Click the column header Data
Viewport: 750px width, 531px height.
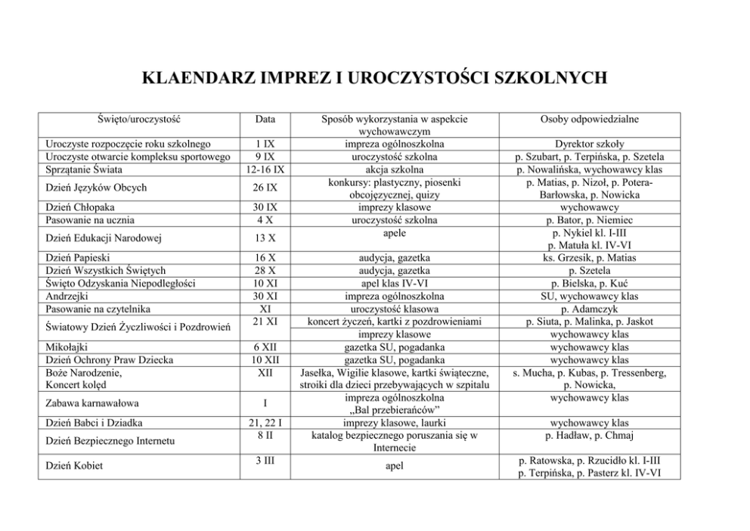(x=265, y=120)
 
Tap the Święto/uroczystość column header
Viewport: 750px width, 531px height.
(x=139, y=120)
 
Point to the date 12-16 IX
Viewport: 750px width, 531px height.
(x=265, y=169)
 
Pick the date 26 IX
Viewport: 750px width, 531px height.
(x=265, y=188)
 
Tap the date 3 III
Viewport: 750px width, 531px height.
(x=265, y=460)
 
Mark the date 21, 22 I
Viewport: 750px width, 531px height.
(x=265, y=422)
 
